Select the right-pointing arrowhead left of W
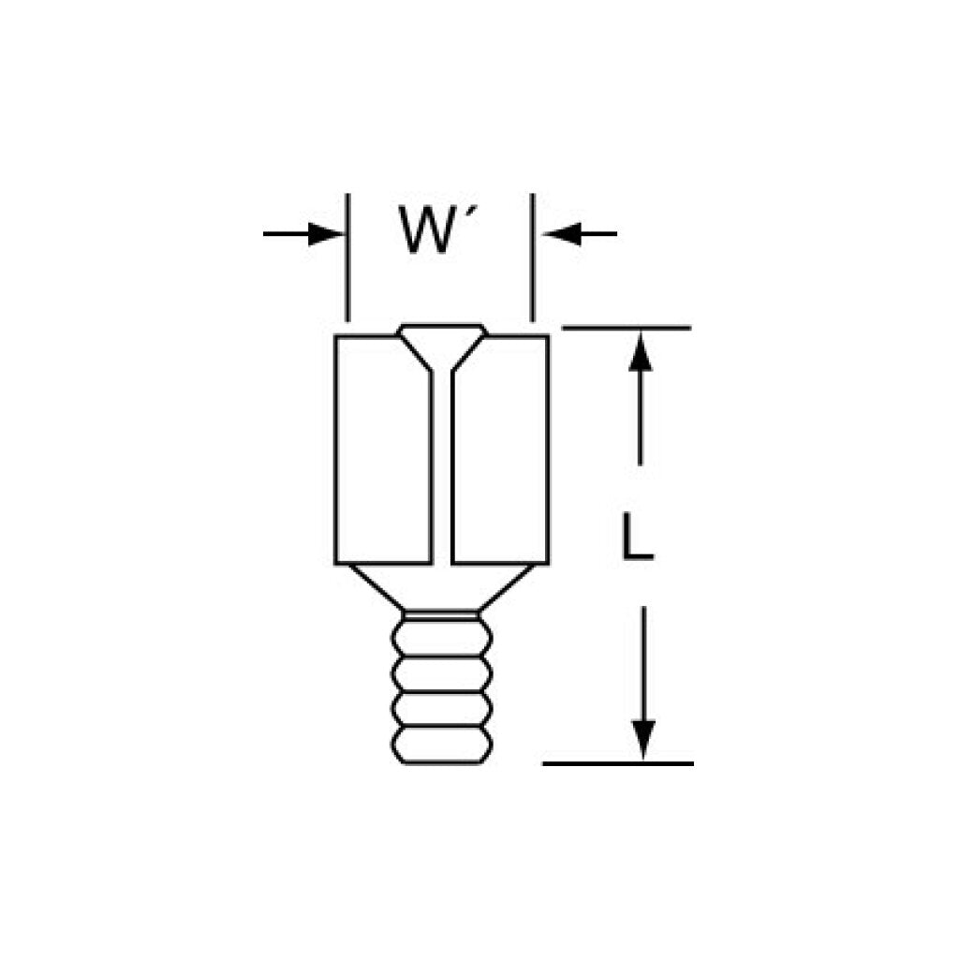(x=326, y=233)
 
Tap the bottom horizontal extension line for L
(x=618, y=763)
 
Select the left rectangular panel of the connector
(x=384, y=450)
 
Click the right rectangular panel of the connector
(x=499, y=450)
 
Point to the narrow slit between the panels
(x=442, y=468)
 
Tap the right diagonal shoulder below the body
(x=510, y=588)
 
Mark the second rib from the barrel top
(x=442, y=673)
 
